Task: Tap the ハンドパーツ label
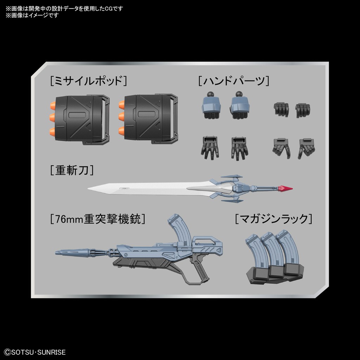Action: click(233, 82)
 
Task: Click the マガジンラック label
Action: click(273, 219)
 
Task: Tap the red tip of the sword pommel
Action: click(285, 189)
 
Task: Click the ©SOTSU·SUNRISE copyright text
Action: click(34, 352)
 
